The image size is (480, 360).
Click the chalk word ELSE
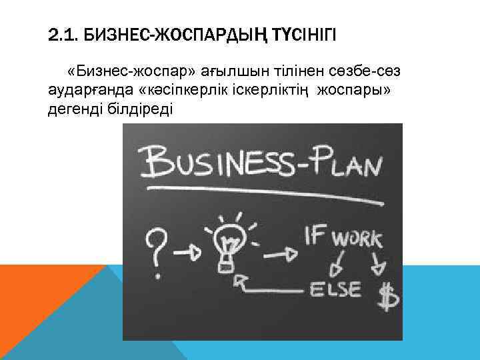(x=335, y=289)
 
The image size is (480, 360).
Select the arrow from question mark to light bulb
(x=189, y=251)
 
